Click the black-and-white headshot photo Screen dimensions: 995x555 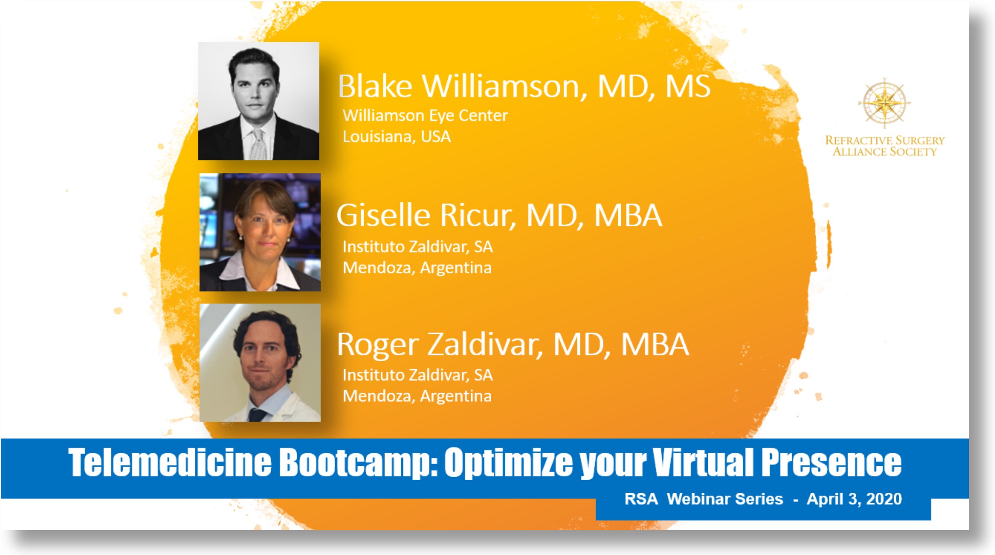tap(258, 101)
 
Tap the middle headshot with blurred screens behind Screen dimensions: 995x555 tap(260, 232)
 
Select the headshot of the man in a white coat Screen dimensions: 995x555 tap(260, 363)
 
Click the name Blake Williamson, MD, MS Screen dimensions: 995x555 tap(524, 86)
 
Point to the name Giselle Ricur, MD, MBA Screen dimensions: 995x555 tap(499, 215)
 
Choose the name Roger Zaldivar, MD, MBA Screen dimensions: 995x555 tap(513, 344)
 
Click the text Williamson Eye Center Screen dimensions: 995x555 tap(425, 116)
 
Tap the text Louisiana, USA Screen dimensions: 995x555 tap(396, 137)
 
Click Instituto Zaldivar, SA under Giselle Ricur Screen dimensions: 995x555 tap(418, 247)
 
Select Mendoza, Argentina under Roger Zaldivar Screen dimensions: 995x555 tap(417, 396)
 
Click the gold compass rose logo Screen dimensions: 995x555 tap(884, 103)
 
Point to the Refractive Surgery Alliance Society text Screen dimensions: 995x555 tap(885, 146)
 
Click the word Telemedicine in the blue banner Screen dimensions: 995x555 tap(170, 462)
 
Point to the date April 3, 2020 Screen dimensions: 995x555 tap(854, 499)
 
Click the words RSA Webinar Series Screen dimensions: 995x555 tap(704, 499)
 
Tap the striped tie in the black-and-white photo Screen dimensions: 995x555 tap(258, 144)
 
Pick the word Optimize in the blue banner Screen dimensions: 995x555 tap(509, 463)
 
